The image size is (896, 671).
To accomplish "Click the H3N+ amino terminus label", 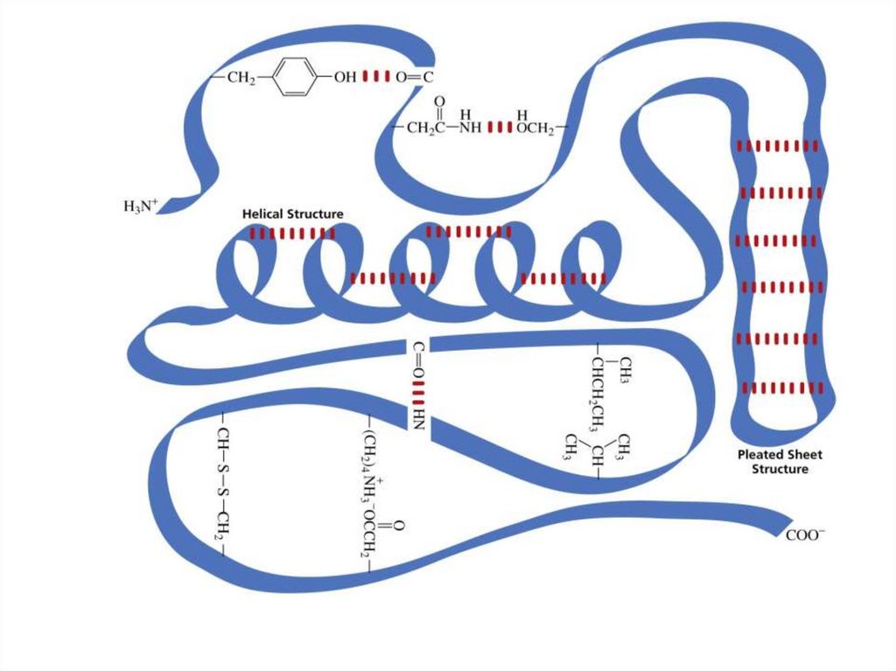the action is [140, 207].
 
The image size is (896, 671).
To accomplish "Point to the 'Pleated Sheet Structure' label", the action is [780, 462].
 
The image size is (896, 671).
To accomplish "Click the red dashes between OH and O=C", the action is [376, 77].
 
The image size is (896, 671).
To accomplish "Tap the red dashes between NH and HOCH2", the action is [499, 129].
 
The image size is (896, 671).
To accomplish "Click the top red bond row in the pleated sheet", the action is [778, 145].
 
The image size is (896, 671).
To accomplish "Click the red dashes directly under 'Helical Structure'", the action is [292, 234].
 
